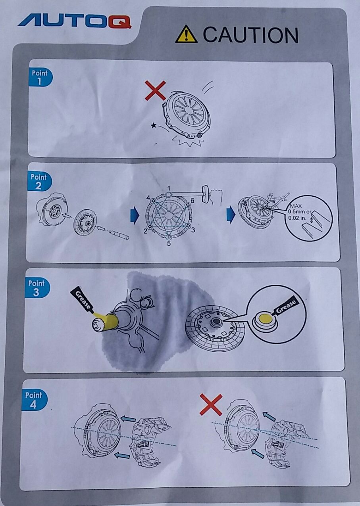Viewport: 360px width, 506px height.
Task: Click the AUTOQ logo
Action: point(75,22)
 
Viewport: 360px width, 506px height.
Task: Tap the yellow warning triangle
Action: point(186,34)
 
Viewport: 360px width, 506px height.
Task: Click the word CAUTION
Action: point(250,34)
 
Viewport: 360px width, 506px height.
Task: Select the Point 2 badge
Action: point(39,182)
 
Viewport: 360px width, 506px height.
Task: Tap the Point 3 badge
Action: point(37,288)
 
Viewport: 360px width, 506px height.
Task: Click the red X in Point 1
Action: point(155,90)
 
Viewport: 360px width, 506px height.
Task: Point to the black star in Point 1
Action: point(154,125)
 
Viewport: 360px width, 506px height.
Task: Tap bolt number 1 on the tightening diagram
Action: point(169,194)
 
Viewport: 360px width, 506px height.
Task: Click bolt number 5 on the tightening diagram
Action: point(168,237)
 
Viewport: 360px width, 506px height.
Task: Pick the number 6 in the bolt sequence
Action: point(192,201)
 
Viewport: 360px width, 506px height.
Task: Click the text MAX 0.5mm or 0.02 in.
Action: point(299,212)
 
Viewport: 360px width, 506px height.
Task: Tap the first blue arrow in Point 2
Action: point(135,215)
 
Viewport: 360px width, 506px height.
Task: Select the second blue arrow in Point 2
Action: point(231,215)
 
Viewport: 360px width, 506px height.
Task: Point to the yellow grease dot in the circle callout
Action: point(266,319)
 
